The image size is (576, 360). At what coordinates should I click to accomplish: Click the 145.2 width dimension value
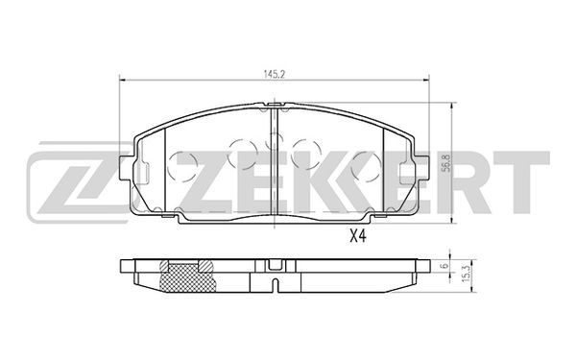[x=274, y=74]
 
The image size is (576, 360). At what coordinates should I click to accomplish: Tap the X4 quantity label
[x=357, y=237]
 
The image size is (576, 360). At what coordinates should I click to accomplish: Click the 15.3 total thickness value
[x=467, y=274]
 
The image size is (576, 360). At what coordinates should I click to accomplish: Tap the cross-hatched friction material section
[x=186, y=277]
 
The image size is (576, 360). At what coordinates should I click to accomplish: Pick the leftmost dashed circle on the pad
[x=181, y=166]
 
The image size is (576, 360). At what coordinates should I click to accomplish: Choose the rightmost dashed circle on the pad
[x=366, y=166]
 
